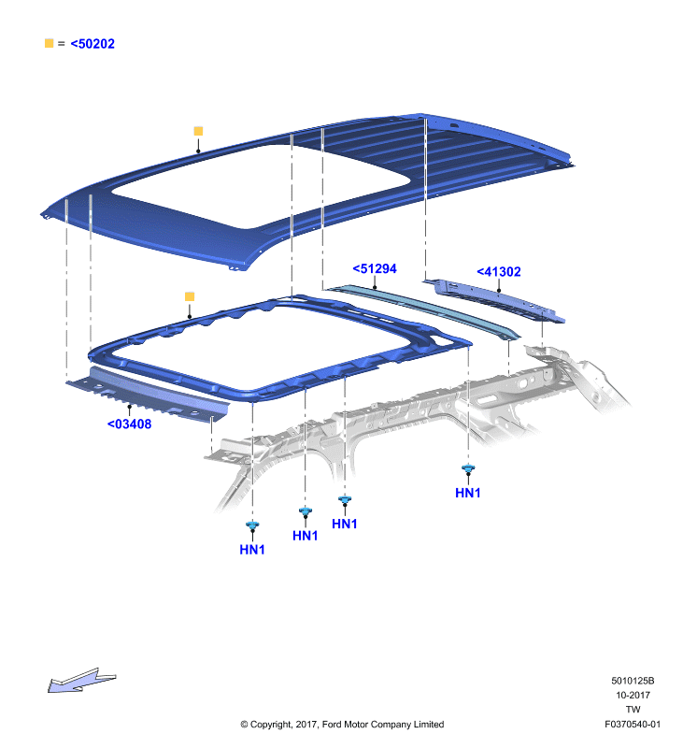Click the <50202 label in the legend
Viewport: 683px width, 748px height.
92,44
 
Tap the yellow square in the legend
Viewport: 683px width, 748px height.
50,43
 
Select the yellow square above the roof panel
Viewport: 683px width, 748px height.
198,131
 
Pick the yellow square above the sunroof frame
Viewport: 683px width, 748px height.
190,296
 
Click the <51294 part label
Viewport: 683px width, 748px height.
375,269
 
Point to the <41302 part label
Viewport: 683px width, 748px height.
499,272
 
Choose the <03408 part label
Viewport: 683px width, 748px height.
130,424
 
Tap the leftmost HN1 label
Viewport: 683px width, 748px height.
252,550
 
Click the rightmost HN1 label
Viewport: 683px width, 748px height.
468,493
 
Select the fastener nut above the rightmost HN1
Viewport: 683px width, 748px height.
468,468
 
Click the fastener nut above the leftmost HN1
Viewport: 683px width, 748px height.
252,525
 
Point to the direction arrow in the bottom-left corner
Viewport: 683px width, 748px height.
81,681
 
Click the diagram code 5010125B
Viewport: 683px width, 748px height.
633,681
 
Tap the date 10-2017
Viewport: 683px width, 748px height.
633,695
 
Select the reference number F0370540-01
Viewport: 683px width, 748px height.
633,724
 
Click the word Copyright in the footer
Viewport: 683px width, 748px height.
270,725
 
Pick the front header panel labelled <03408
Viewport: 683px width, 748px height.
148,394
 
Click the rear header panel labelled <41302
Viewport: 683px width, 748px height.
493,301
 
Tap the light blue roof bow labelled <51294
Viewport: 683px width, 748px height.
421,311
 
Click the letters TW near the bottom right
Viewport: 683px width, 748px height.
633,710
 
